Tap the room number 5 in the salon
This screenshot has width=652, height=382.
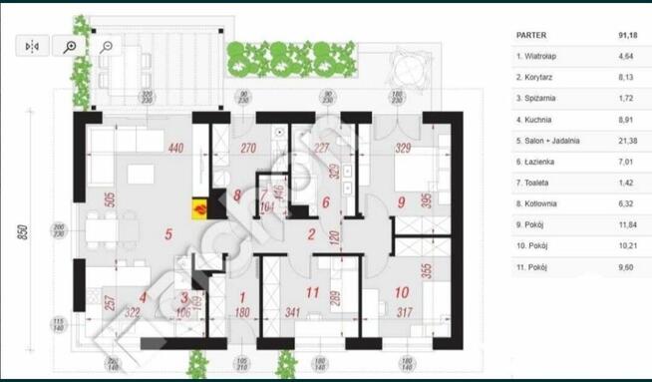coord(169,236)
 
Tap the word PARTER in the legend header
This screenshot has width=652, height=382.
coord(531,35)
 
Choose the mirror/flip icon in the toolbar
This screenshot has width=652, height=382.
coord(32,46)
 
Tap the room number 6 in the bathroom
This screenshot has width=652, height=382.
coord(325,202)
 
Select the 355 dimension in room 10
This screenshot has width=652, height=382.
coord(425,270)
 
